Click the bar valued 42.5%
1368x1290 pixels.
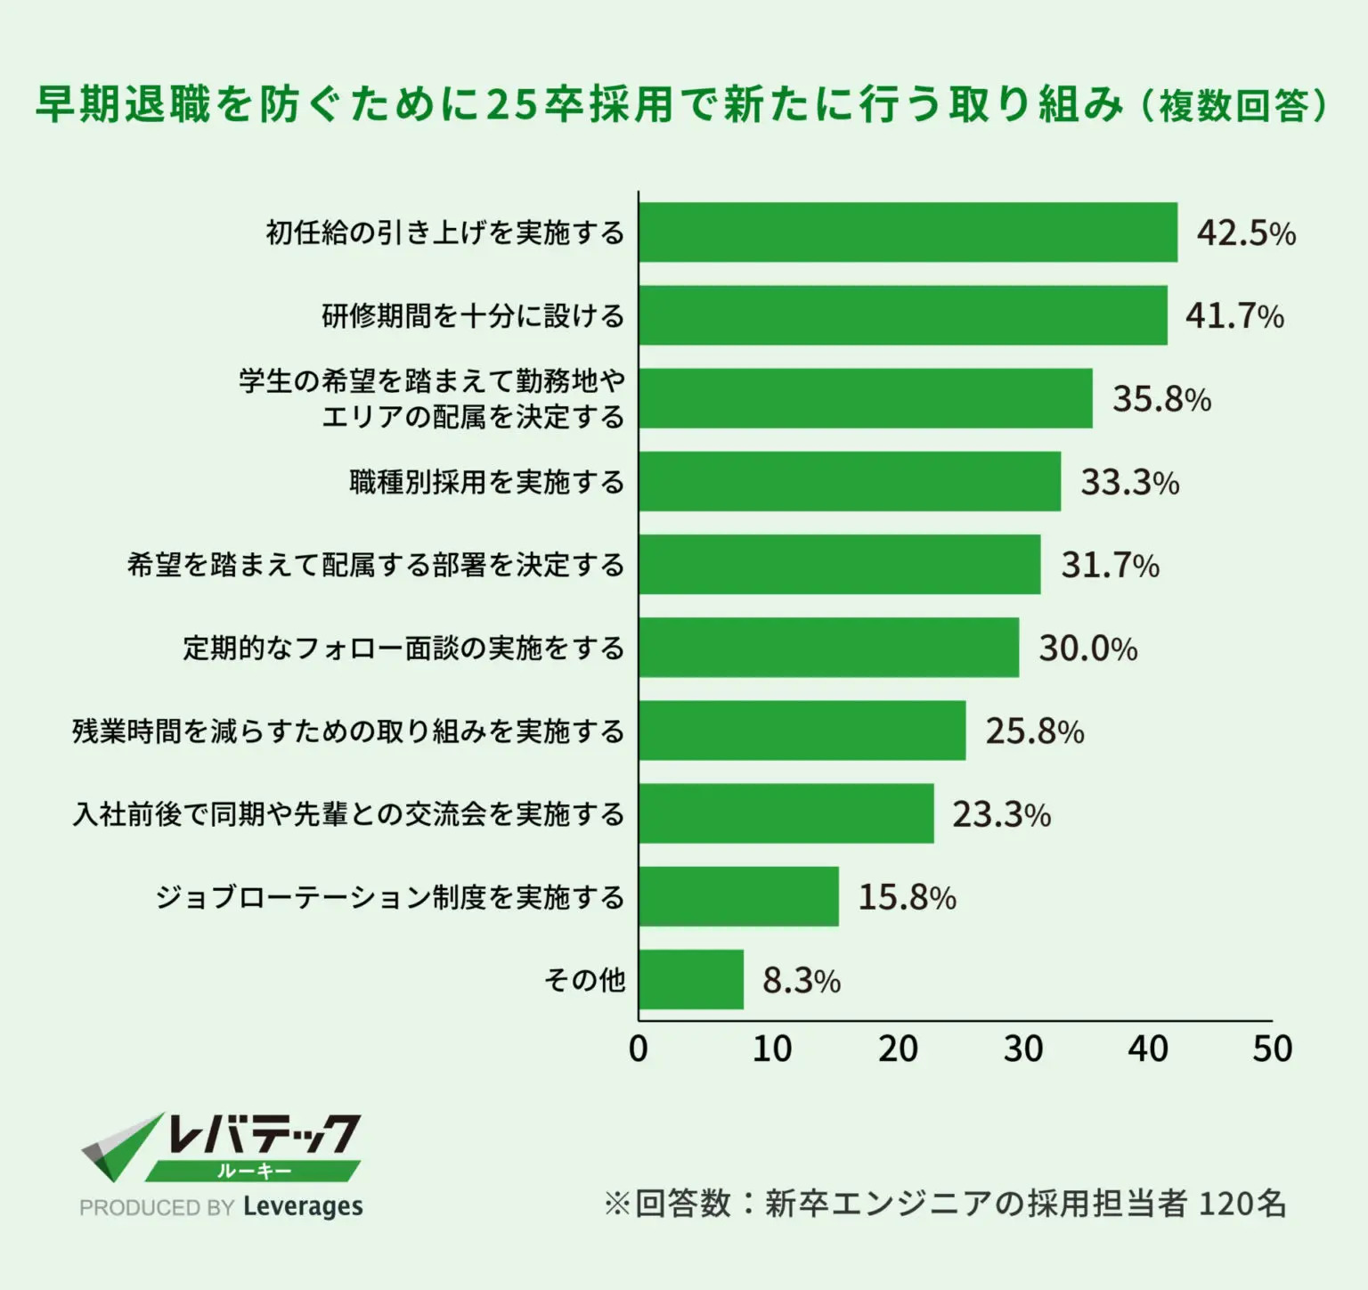(x=908, y=233)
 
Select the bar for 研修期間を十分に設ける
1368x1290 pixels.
(x=902, y=315)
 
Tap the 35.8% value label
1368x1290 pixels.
(x=1161, y=398)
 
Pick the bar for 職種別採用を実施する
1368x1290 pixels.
(x=850, y=481)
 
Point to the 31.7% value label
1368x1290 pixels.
(x=1110, y=565)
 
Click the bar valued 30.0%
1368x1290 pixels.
(x=828, y=648)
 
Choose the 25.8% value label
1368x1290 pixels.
(x=1034, y=731)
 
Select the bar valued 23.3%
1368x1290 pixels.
(x=786, y=813)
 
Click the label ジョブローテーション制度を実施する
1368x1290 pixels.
(x=389, y=896)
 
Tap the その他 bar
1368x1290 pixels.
(x=691, y=979)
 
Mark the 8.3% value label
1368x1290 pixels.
(x=801, y=981)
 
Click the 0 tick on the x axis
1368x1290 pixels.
(x=639, y=1049)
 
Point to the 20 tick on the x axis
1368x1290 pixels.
(x=897, y=1049)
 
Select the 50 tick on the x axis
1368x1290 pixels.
(x=1272, y=1049)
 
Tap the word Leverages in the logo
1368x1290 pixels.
(x=303, y=1206)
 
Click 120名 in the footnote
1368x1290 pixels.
(x=1242, y=1204)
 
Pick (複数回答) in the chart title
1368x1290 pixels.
(x=1234, y=106)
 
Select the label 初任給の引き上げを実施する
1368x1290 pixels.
(x=445, y=233)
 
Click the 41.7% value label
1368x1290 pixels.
(x=1234, y=315)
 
